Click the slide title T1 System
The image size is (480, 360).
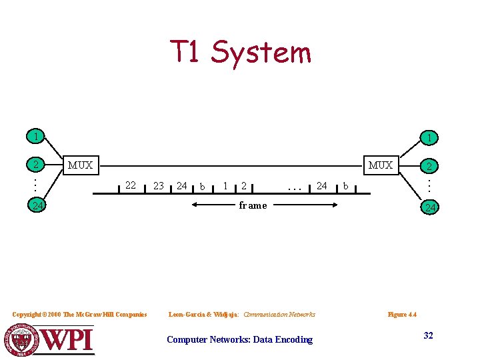tap(240, 52)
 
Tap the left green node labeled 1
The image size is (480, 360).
tap(35, 136)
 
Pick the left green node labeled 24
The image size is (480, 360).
tap(39, 205)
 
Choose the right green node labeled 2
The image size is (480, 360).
tap(431, 166)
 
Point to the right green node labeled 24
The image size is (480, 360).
tap(431, 208)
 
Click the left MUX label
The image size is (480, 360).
tap(80, 165)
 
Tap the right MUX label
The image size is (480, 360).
tap(381, 165)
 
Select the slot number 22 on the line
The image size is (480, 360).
tap(131, 185)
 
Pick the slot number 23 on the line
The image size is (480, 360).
tap(159, 186)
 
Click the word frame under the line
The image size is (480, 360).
tap(253, 205)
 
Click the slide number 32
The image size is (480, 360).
tap(428, 335)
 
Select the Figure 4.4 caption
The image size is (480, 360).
tap(402, 314)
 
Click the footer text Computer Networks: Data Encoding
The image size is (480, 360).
tap(239, 339)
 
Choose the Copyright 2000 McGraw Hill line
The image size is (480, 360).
tap(80, 314)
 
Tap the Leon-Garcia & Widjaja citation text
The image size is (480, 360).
tap(242, 314)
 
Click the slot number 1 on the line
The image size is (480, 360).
tap(227, 185)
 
